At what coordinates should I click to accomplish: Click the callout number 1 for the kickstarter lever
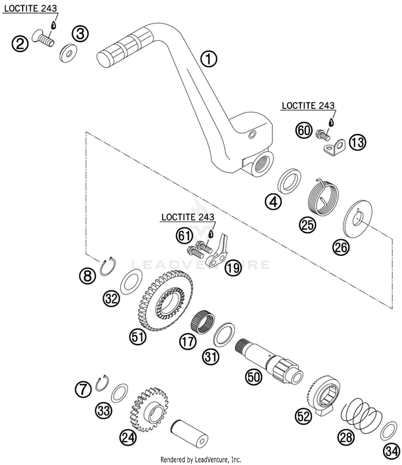pyautogui.click(x=209, y=59)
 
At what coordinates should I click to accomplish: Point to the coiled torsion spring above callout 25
pyautogui.click(x=322, y=197)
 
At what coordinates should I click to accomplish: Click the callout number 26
pyautogui.click(x=341, y=247)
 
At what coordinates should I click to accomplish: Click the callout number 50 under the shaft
pyautogui.click(x=254, y=377)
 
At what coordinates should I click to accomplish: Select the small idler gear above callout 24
pyautogui.click(x=149, y=409)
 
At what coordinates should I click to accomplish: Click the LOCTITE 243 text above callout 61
pyautogui.click(x=188, y=217)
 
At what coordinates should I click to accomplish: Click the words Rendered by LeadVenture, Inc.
pyautogui.click(x=201, y=460)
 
